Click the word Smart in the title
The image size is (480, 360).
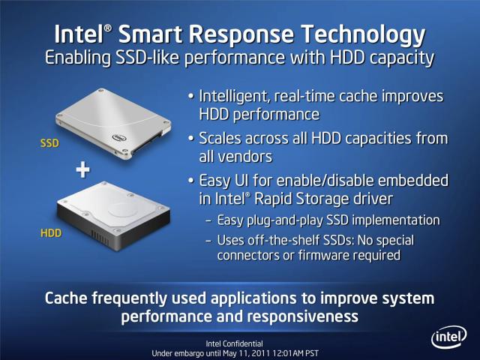[150, 34]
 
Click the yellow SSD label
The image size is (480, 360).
[49, 143]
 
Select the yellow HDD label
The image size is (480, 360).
[51, 233]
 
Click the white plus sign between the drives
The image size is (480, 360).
[83, 170]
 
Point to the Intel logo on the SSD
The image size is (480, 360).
[119, 138]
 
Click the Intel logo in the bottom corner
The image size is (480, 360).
[448, 337]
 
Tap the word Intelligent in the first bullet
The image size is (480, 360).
[235, 97]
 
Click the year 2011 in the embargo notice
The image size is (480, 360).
[260, 353]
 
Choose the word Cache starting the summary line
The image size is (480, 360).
[67, 298]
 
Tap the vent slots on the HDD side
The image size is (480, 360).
[100, 237]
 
